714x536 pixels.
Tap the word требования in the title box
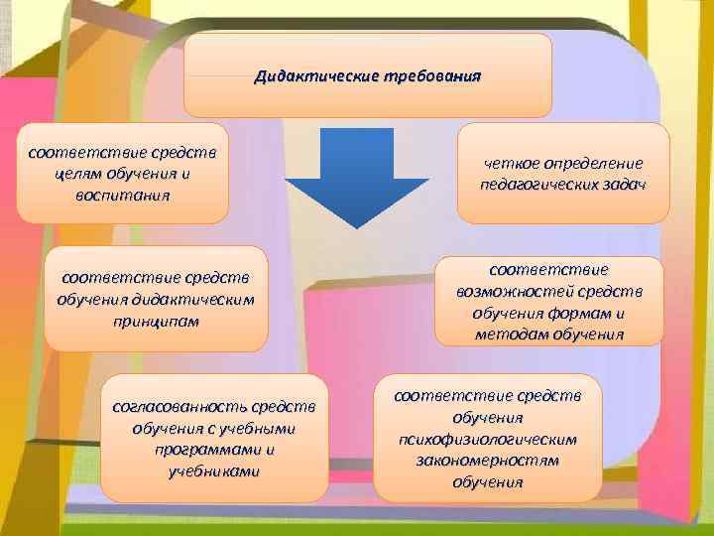click(430, 75)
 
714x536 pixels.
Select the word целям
click(79, 174)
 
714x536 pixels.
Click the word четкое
click(516, 163)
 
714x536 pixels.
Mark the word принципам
click(157, 321)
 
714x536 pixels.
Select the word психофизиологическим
click(487, 439)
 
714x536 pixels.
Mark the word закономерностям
click(488, 461)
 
